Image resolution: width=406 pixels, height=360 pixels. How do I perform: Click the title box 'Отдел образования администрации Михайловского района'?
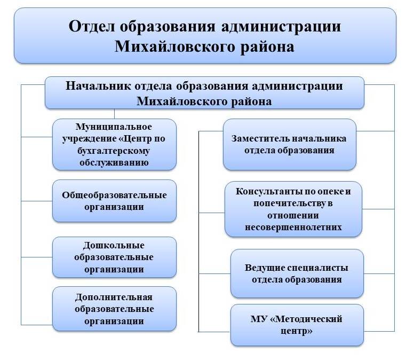tap(205, 35)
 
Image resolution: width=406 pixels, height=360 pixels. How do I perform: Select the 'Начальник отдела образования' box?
tap(204, 93)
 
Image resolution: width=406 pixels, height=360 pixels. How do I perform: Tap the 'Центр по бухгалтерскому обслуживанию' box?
tap(115, 145)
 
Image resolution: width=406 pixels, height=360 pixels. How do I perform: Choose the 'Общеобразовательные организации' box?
tap(115, 201)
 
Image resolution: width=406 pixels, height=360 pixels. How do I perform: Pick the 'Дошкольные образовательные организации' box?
tap(115, 257)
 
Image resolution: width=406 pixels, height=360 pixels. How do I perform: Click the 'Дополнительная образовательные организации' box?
tap(115, 309)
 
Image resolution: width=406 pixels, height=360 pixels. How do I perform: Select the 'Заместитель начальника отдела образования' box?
tap(290, 145)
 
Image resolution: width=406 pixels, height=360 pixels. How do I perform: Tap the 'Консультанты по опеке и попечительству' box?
tap(293, 209)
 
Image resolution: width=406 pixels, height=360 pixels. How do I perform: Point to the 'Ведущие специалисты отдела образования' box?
tap(297, 273)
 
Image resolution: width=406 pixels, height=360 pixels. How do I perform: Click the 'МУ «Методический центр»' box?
tap(297, 325)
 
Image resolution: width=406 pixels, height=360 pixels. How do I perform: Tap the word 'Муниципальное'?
tap(114, 127)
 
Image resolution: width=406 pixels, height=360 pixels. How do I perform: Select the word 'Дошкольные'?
tap(114, 245)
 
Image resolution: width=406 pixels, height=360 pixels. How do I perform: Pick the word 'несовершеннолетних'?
tap(293, 228)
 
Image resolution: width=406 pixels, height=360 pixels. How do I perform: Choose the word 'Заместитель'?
tap(260, 138)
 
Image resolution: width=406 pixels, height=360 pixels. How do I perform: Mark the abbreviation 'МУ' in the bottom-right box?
tap(259, 319)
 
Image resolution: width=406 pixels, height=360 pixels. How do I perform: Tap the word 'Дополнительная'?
tap(114, 297)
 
